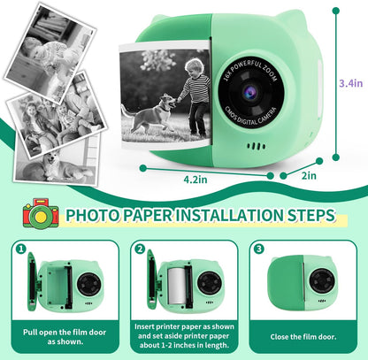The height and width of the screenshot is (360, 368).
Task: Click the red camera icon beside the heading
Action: (x=41, y=214)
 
